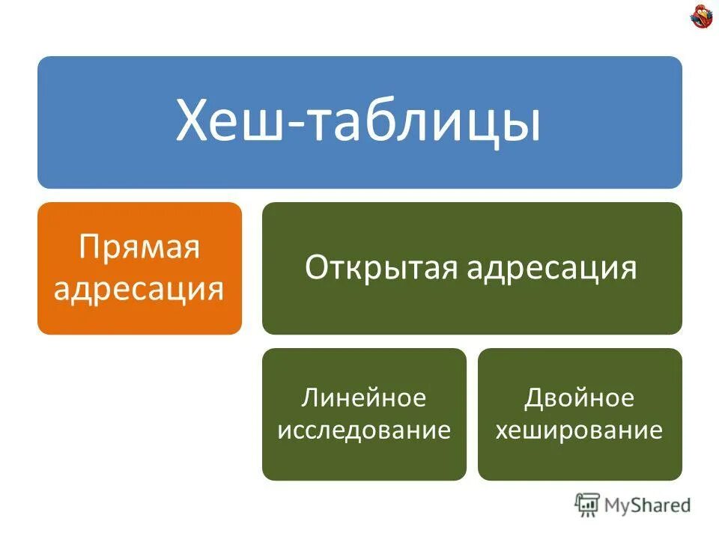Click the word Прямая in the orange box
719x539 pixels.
pos(139,248)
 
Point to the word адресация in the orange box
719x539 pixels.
pos(139,287)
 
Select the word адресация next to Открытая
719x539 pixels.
pos(551,268)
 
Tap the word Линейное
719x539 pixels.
pos(364,398)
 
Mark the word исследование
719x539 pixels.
pos(364,430)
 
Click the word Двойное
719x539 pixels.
pos(580,398)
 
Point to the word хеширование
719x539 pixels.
pos(580,430)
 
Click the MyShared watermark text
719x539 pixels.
pos(648,505)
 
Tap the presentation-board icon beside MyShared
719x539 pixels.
pos(587,505)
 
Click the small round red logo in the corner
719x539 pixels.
pos(702,17)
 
